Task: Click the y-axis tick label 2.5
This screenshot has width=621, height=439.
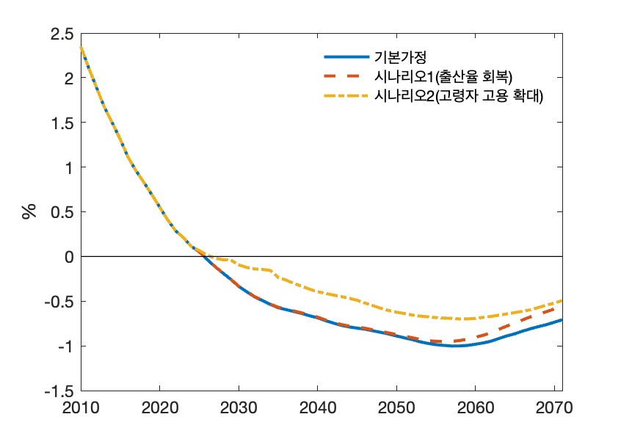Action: [x=62, y=34]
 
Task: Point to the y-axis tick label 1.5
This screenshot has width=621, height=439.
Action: [x=62, y=123]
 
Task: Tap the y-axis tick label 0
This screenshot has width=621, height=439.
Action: [x=68, y=257]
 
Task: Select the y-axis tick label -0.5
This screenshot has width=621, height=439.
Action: [x=59, y=302]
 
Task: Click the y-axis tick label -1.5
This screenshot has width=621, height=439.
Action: [x=59, y=391]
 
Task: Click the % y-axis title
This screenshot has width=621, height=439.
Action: [x=29, y=212]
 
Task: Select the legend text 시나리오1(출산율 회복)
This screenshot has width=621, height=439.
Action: [x=433, y=76]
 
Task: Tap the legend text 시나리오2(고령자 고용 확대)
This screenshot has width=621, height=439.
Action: [x=459, y=95]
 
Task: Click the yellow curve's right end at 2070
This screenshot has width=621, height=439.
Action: [x=562, y=300]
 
